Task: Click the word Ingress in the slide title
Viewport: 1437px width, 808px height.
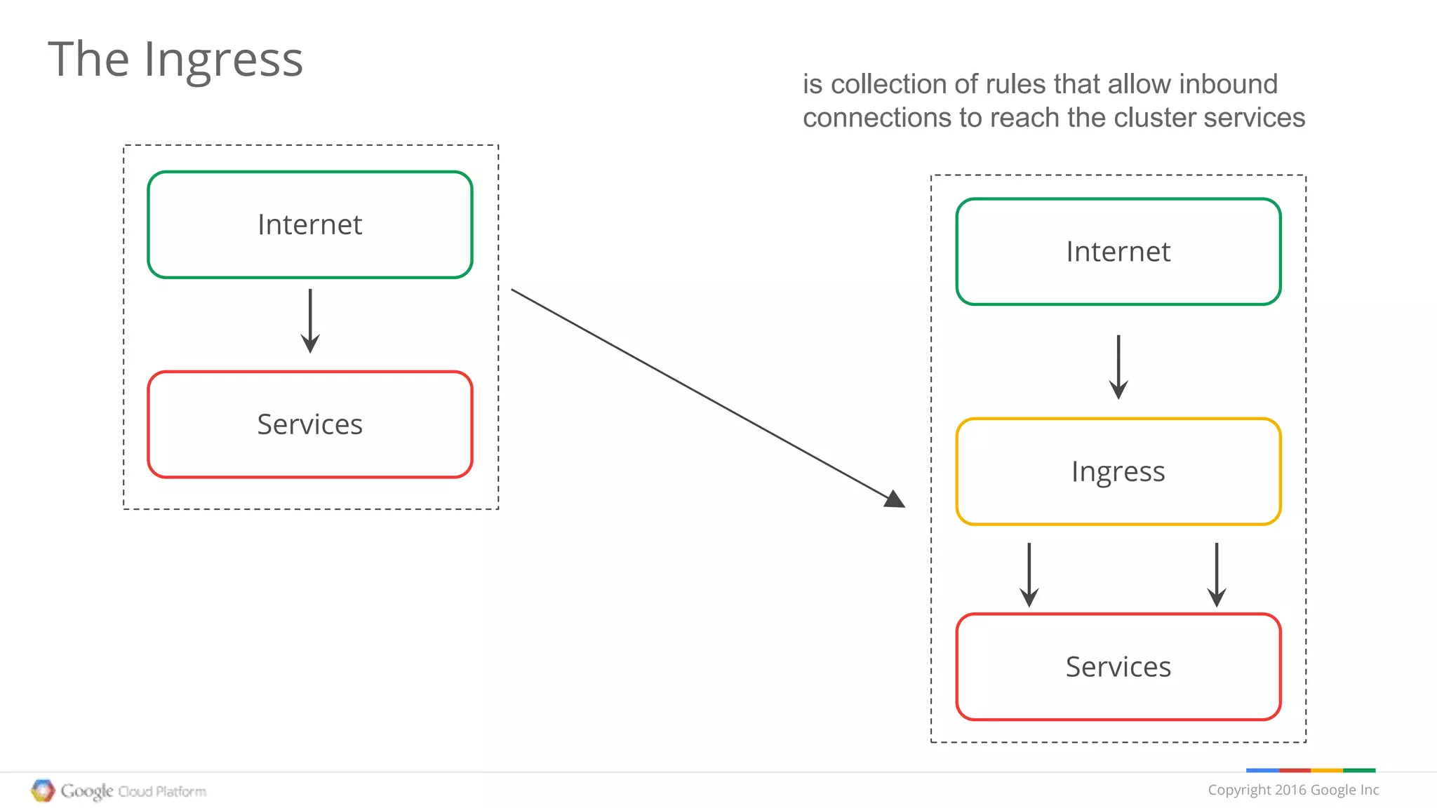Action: (223, 60)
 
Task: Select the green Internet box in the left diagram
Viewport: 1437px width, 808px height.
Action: (309, 224)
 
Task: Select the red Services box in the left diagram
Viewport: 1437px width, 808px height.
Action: (309, 424)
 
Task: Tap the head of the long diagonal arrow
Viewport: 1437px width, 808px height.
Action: (895, 499)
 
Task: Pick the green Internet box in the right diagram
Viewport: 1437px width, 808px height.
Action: (1118, 252)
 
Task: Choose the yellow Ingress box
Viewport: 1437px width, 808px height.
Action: (1118, 471)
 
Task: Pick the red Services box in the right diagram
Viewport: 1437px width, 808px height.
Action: (1118, 666)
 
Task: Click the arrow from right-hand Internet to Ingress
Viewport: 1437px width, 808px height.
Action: (1118, 367)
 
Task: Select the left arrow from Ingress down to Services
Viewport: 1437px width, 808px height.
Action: (1029, 574)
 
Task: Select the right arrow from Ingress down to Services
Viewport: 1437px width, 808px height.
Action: (1216, 574)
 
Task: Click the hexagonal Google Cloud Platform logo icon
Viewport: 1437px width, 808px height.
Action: (43, 790)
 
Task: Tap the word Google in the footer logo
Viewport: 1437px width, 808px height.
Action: (86, 791)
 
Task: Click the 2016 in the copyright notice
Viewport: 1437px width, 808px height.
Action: (1290, 790)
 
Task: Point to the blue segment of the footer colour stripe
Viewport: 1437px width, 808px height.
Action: (1262, 770)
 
